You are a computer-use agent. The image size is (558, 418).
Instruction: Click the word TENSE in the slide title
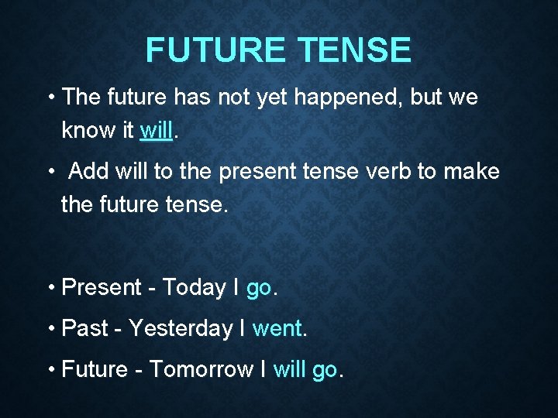[x=353, y=50]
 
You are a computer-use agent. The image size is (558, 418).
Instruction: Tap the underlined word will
[x=157, y=130]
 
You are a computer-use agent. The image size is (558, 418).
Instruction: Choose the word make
[x=471, y=171]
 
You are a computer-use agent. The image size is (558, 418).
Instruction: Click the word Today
[x=194, y=288]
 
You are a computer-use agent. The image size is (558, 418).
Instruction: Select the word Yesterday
[x=181, y=329]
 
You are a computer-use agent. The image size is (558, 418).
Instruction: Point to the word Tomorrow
[x=201, y=369]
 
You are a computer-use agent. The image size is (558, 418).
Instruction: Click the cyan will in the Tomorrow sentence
[x=289, y=369]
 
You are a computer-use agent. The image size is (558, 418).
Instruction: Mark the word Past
[x=84, y=329]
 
